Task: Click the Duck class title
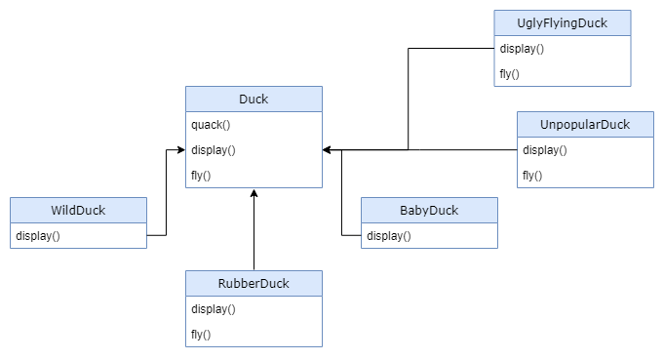coord(254,99)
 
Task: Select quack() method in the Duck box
coord(211,124)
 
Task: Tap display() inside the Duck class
coord(214,149)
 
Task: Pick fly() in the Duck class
coord(201,175)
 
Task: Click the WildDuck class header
coord(78,210)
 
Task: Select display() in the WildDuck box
coord(38,235)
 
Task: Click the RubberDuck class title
coord(254,284)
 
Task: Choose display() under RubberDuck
coord(214,309)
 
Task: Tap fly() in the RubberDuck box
coord(201,335)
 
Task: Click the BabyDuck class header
coord(429,210)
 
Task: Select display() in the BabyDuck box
coord(389,235)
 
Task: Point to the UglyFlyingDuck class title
coord(563,22)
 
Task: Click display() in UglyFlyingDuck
coord(522,48)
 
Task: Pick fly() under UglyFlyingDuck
coord(509,73)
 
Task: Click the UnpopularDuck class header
coord(585,124)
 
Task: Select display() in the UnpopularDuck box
coord(545,149)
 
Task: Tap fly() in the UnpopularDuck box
coord(532,175)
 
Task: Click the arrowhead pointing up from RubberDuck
coord(254,193)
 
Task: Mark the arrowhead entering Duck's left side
coord(180,150)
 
